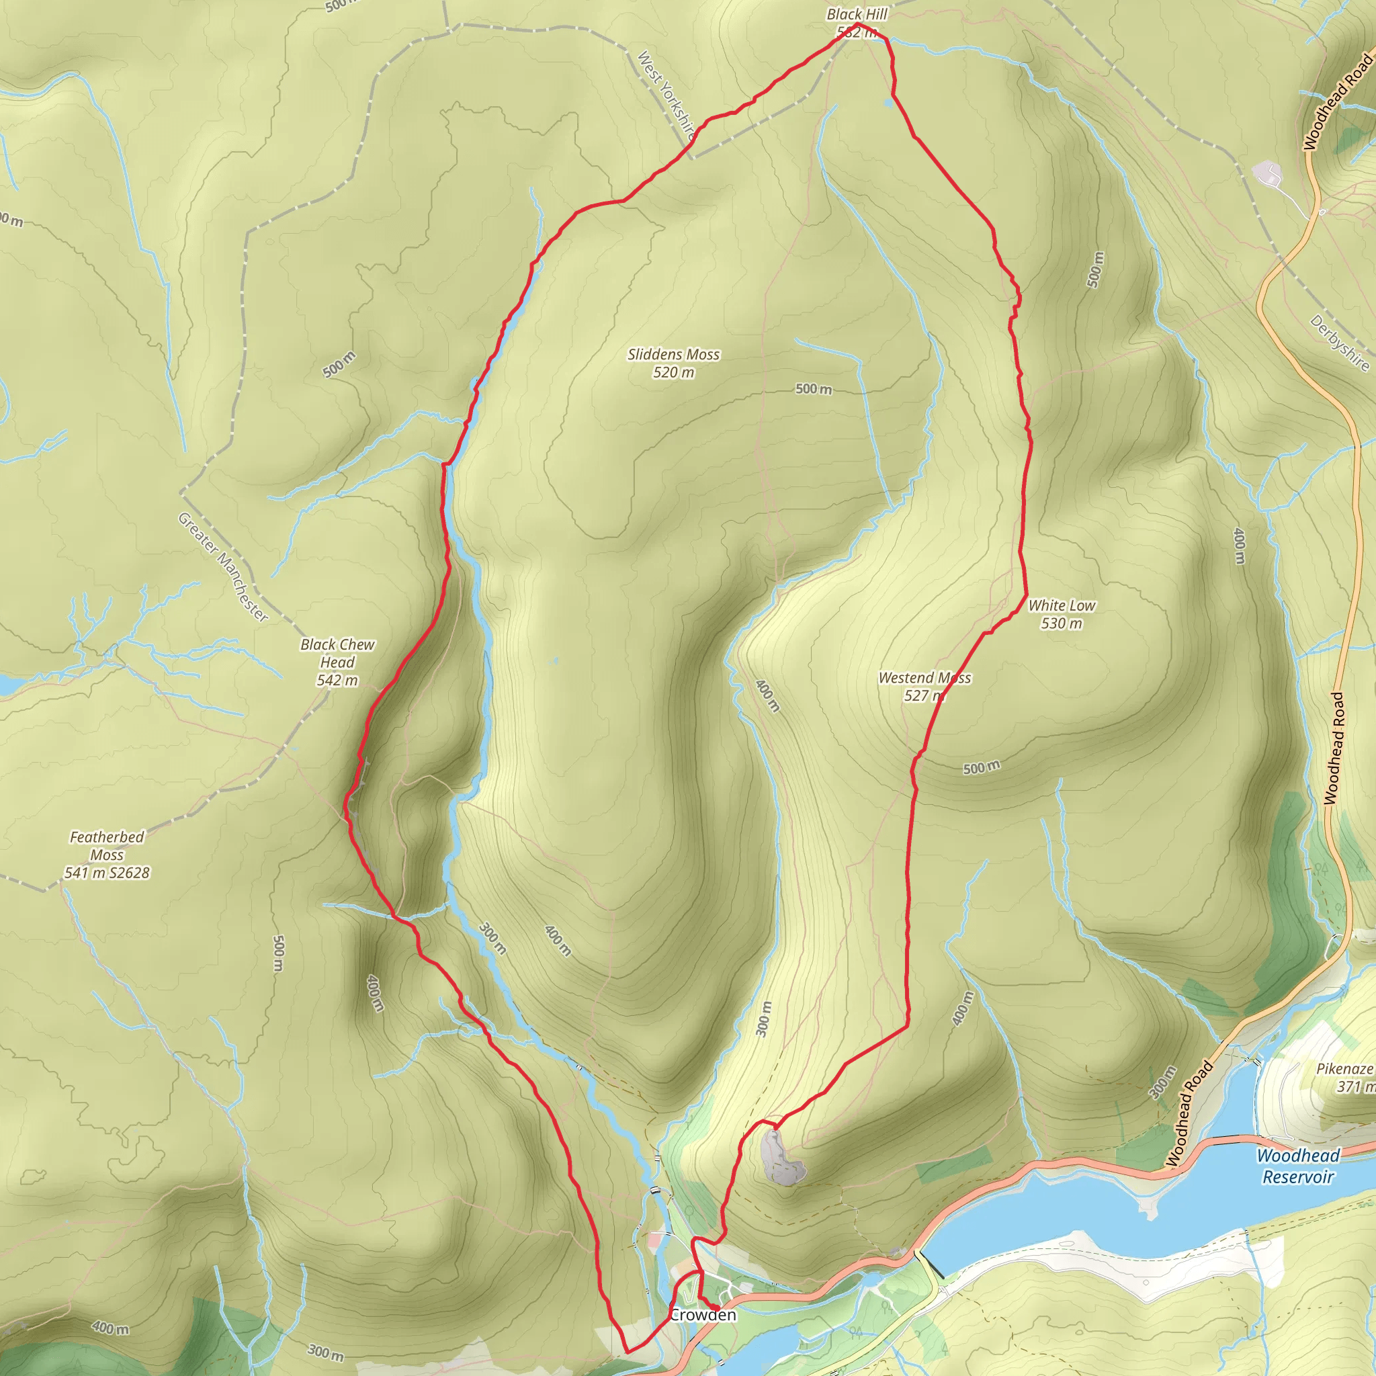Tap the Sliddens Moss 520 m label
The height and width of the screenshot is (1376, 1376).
[673, 363]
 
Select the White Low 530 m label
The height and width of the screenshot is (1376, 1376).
[1061, 614]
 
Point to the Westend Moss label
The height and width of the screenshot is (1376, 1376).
[924, 687]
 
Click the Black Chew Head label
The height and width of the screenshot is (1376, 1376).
[337, 662]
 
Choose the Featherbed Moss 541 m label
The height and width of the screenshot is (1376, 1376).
[107, 855]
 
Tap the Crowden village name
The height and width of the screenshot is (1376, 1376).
[703, 1315]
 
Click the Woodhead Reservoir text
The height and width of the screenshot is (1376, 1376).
[1297, 1166]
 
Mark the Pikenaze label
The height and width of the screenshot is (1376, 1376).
[1344, 1077]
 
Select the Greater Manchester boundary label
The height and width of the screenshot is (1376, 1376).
[223, 568]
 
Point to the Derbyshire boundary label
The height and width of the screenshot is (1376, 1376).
[1340, 343]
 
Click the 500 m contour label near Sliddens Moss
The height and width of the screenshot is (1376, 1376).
[814, 389]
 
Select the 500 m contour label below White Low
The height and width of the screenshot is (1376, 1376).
[982, 767]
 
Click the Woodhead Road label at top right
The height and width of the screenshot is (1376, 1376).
[1338, 102]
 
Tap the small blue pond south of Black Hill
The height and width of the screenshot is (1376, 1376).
[888, 103]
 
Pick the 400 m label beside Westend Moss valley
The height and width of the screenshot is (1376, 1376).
[768, 696]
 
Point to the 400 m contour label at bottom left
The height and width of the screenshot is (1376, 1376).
[110, 1327]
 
